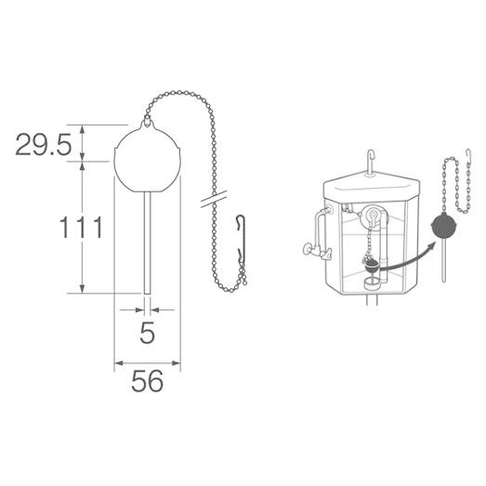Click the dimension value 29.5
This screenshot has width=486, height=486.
click(44, 144)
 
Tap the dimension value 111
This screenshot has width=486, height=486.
click(81, 227)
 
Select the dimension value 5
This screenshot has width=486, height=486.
click(147, 333)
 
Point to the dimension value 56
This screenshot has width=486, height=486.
click(147, 381)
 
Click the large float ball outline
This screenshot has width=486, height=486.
click(114, 161)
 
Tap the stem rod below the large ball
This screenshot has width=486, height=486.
click(148, 243)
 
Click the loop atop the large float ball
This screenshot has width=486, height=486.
click(147, 121)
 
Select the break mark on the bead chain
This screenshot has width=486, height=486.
click(214, 199)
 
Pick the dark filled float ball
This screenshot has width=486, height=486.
click(444, 226)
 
